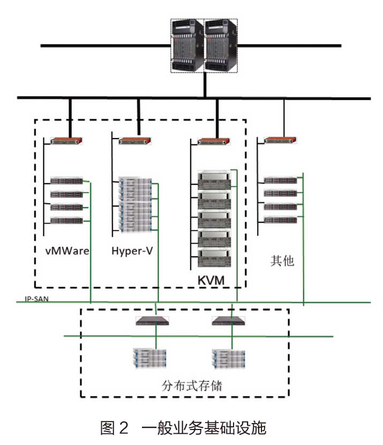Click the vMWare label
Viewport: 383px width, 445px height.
click(x=67, y=250)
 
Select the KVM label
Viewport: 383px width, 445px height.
click(x=211, y=280)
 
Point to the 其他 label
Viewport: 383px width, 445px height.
click(x=282, y=261)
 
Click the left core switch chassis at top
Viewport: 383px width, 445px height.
click(x=187, y=45)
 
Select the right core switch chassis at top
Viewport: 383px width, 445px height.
click(x=220, y=45)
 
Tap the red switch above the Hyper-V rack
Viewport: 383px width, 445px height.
click(x=136, y=141)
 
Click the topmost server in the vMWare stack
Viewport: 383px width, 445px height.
click(x=66, y=181)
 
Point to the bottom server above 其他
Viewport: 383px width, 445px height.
click(x=280, y=220)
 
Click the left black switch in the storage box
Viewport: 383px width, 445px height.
click(x=152, y=321)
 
